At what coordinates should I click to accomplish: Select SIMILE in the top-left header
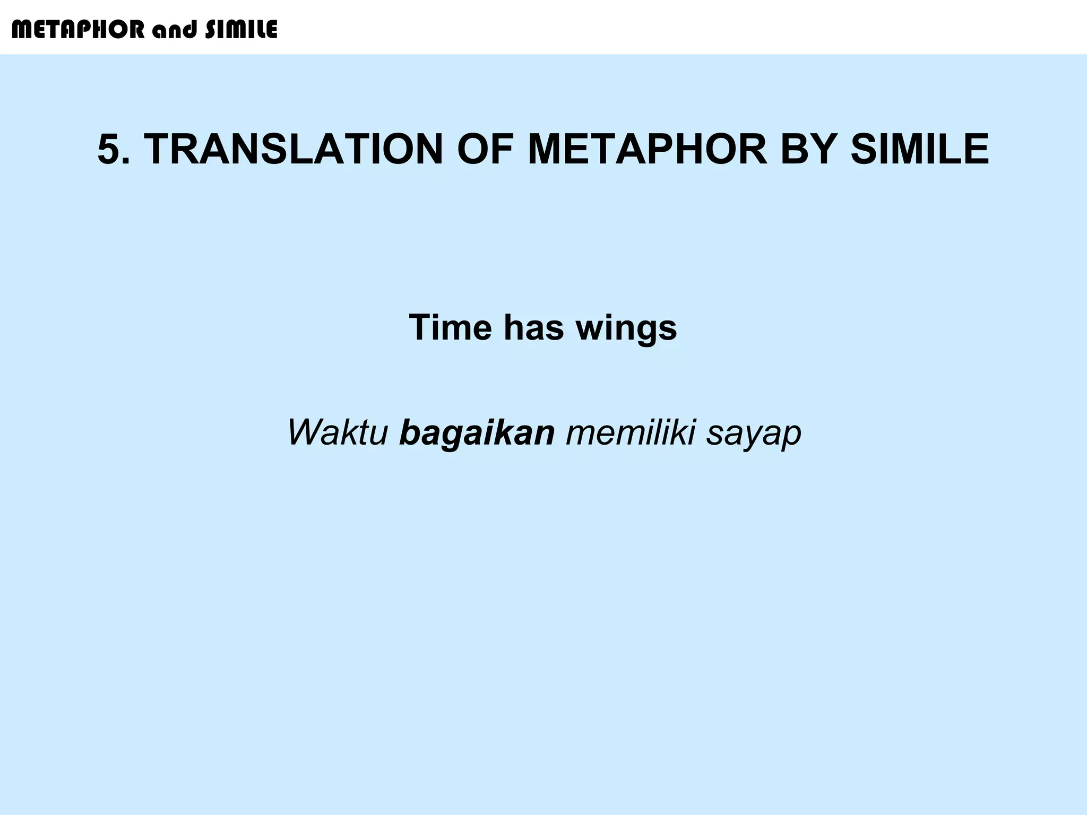tap(241, 30)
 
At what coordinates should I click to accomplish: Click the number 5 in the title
tap(109, 150)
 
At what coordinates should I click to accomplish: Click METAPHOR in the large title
tap(648, 150)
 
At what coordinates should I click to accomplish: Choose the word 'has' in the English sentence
tap(533, 327)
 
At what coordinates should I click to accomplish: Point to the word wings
tap(626, 327)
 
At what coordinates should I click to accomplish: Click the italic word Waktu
tap(338, 432)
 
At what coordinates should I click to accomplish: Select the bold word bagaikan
tap(477, 432)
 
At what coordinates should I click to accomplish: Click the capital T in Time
tap(420, 327)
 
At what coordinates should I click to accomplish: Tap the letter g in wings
tap(644, 331)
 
